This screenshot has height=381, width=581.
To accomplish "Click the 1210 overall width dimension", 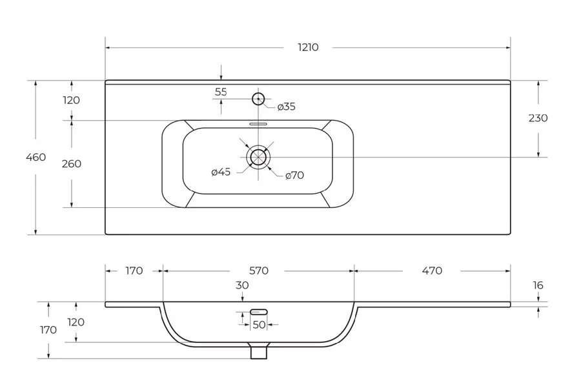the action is (308, 47).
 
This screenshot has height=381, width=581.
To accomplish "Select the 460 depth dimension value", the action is (36, 157).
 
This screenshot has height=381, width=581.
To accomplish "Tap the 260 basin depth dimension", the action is (72, 163).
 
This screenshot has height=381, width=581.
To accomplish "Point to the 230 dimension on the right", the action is (538, 118).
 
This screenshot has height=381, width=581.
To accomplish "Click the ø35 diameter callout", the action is (287, 107).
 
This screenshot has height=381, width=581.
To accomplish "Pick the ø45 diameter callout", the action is (221, 172).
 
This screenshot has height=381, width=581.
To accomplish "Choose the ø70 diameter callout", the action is (294, 175).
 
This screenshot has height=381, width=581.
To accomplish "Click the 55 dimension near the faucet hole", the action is (221, 92).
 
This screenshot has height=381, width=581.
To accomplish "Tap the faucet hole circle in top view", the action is (258, 99).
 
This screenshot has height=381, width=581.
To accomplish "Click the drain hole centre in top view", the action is (258, 157).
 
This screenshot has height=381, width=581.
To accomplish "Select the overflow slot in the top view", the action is (258, 124).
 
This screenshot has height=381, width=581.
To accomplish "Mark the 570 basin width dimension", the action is (259, 271).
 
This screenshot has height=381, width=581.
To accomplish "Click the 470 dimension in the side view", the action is (432, 271).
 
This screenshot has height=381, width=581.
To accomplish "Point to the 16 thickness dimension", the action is (538, 285).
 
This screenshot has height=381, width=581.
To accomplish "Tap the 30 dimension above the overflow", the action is (242, 285).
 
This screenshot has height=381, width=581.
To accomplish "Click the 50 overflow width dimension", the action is (259, 325).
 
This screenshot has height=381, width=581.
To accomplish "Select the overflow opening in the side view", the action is (259, 312).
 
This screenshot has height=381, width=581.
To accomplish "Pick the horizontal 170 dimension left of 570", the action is (134, 271).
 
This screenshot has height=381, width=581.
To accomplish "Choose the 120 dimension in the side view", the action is (76, 322).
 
